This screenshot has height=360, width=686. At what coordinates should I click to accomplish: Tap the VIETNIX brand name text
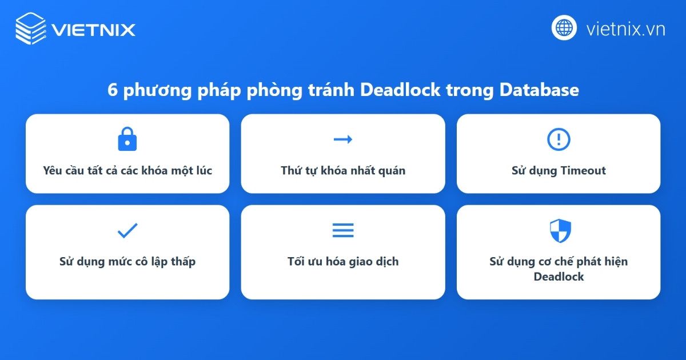point(93,29)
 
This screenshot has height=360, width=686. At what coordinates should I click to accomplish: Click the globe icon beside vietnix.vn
point(564,27)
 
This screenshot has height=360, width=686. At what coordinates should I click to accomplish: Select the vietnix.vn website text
point(625,29)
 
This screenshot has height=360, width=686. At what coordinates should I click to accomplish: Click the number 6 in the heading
point(112,90)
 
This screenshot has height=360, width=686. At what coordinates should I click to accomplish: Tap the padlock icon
point(127,139)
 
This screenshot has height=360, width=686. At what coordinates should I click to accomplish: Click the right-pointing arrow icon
point(343,139)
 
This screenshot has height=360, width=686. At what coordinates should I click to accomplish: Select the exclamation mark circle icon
point(559,139)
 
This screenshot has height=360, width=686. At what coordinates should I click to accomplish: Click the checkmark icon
point(127,230)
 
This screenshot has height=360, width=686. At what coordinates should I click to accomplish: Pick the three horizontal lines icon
point(343,230)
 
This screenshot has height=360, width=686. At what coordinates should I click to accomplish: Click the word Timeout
point(583,170)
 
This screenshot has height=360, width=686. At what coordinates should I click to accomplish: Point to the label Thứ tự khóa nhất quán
point(343,170)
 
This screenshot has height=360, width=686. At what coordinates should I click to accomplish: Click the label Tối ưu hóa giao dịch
point(343,262)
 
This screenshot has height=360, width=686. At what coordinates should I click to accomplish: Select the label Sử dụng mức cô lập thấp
point(127,262)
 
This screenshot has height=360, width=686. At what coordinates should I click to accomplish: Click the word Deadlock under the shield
point(559,277)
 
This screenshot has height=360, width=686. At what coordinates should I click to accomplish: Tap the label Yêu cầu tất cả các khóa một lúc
point(127,170)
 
